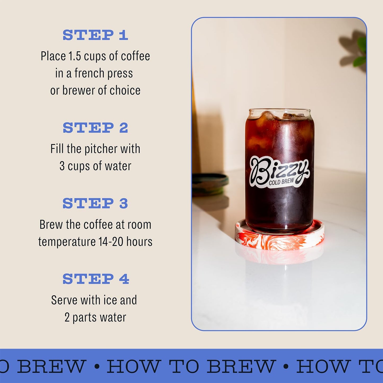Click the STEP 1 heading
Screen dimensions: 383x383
(95, 35)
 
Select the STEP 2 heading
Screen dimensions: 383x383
(95, 128)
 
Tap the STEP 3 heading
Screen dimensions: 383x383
(95, 204)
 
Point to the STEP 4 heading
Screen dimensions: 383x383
(96, 279)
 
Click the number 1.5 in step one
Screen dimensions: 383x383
(74, 56)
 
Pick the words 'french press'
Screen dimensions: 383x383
(104, 73)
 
